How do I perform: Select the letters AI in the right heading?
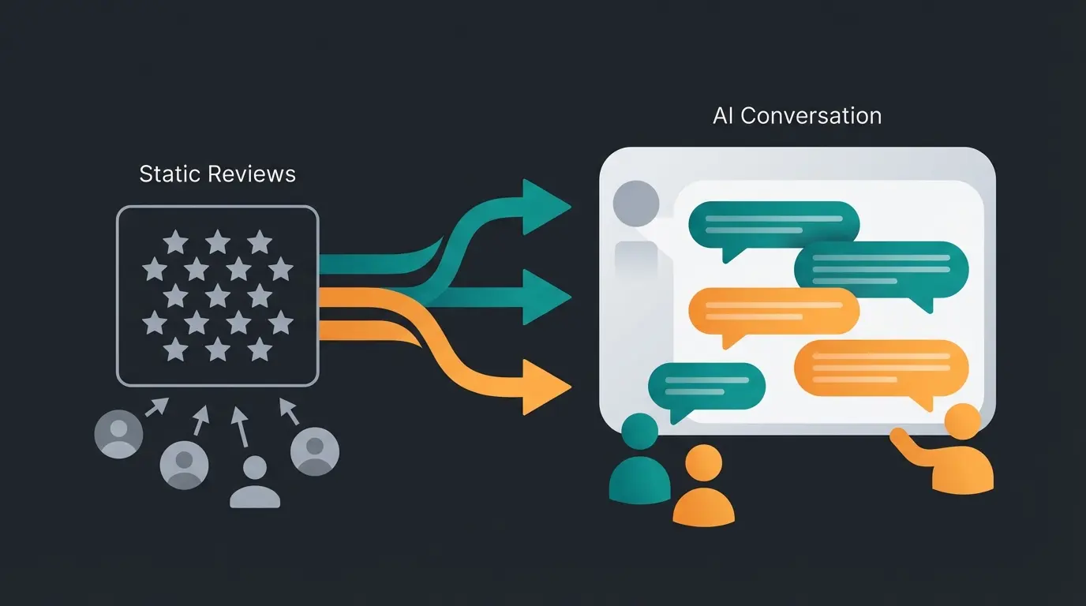[x=722, y=116]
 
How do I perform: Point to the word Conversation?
[x=811, y=116]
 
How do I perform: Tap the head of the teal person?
[x=639, y=432]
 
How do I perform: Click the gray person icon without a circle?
[x=255, y=482]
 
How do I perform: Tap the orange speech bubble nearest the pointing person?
[x=880, y=367]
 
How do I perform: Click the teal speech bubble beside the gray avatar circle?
[x=773, y=223]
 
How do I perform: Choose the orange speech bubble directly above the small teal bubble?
[x=773, y=310]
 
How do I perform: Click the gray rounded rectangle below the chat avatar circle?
[x=636, y=264]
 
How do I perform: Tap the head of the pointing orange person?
[x=962, y=421]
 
